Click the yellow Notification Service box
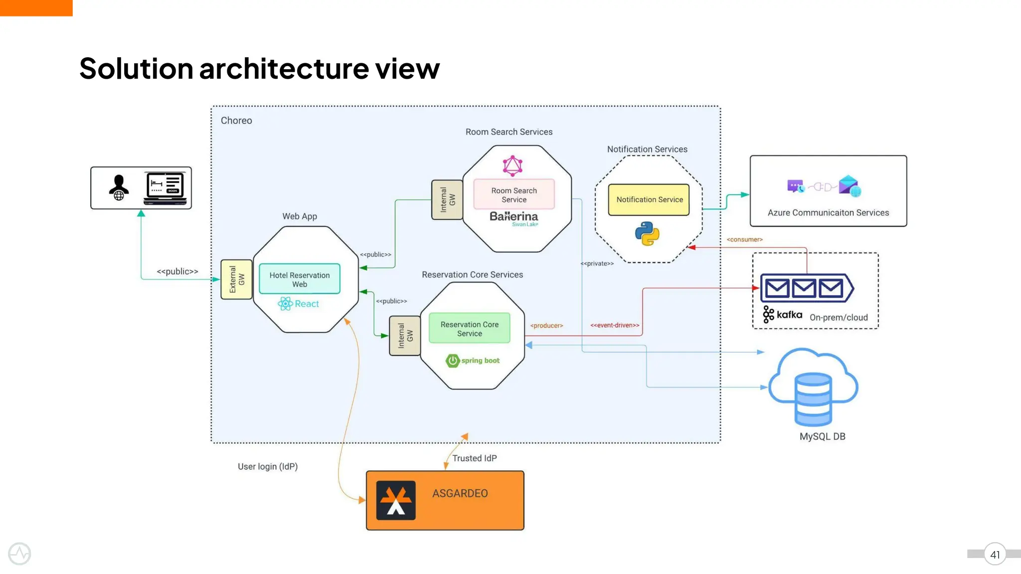click(649, 200)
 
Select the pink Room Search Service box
click(514, 195)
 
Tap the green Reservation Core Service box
click(469, 329)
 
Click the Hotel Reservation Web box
click(300, 280)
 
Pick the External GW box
click(236, 280)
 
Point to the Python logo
click(647, 234)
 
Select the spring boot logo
click(473, 360)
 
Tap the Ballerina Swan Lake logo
click(514, 218)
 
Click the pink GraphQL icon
click(512, 166)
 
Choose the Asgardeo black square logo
click(396, 500)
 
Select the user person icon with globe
click(119, 188)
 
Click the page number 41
click(995, 555)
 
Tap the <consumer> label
click(744, 240)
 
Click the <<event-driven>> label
click(615, 325)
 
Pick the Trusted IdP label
click(474, 458)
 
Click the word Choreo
click(236, 121)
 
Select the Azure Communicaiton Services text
click(828, 213)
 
